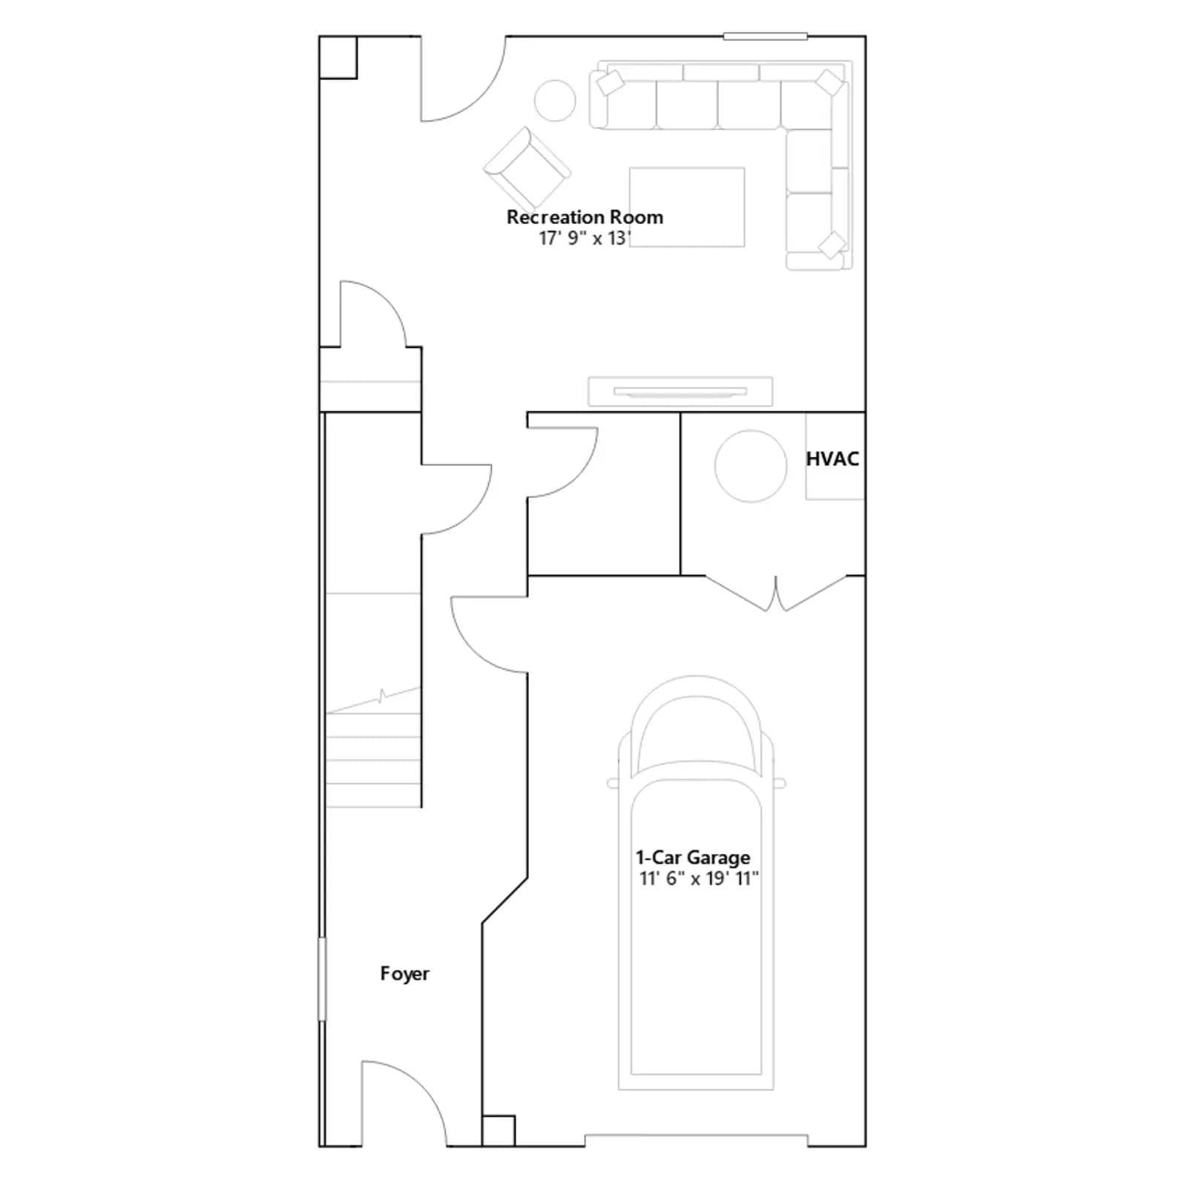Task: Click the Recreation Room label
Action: tap(585, 217)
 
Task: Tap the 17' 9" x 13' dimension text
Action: tap(585, 238)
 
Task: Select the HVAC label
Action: tap(832, 459)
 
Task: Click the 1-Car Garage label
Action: tap(693, 858)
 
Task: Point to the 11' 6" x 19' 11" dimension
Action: tap(699, 878)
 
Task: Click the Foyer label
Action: tap(404, 974)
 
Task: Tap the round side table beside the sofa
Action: tap(555, 100)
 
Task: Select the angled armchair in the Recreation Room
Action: tap(527, 168)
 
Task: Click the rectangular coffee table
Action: tap(687, 207)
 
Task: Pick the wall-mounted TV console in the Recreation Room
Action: tap(680, 392)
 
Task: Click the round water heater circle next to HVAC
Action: tap(751, 466)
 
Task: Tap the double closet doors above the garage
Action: tap(776, 593)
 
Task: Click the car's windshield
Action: tap(695, 734)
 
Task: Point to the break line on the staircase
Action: tap(374, 700)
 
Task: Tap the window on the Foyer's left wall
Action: tap(322, 979)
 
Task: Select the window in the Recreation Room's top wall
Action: tap(765, 36)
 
